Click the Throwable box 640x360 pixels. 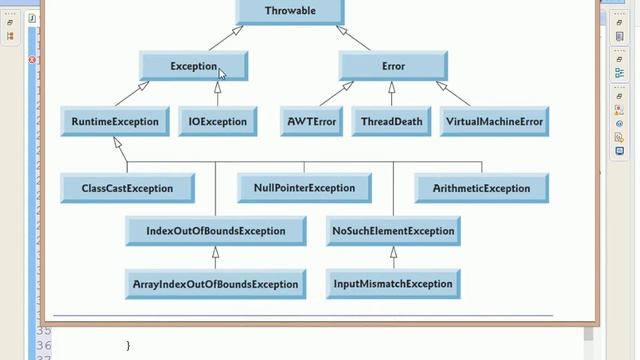(x=290, y=11)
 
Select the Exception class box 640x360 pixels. (x=193, y=67)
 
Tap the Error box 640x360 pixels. (x=393, y=67)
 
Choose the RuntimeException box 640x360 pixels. (x=115, y=122)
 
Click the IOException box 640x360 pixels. (x=218, y=122)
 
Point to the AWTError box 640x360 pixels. (x=314, y=122)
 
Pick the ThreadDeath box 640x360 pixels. (x=393, y=122)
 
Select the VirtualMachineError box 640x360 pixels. (x=494, y=122)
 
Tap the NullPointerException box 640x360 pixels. (x=304, y=188)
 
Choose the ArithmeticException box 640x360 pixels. (x=482, y=188)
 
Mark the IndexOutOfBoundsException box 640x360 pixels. (x=215, y=231)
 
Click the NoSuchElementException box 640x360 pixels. (x=393, y=231)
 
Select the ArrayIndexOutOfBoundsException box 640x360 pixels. (x=215, y=284)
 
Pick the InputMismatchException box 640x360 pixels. (x=393, y=284)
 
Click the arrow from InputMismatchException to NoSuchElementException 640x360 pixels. (x=393, y=258)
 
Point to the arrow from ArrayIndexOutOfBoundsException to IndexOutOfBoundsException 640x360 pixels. (x=215, y=258)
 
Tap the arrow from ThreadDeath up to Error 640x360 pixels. (x=393, y=95)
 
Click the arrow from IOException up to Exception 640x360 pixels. (x=218, y=95)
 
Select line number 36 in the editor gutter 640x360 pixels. (x=44, y=346)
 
